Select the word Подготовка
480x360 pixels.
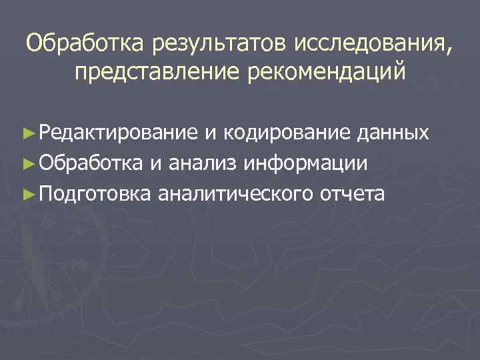97,193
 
